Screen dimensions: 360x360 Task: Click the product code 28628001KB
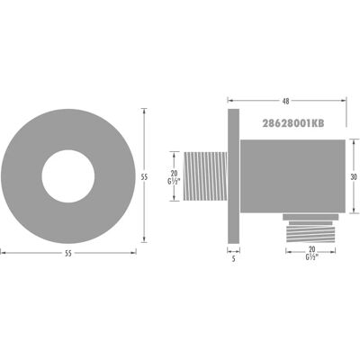(293, 123)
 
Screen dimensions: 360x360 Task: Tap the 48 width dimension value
(286, 102)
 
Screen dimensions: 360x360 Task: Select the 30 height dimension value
(354, 177)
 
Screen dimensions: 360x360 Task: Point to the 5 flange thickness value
(233, 258)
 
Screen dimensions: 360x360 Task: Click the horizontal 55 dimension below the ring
(68, 254)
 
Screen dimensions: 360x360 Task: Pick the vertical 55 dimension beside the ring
(144, 177)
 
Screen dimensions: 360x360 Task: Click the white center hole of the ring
(68, 176)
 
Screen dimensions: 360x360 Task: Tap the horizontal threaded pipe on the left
(205, 176)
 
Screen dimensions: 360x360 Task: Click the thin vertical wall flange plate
(233, 176)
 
